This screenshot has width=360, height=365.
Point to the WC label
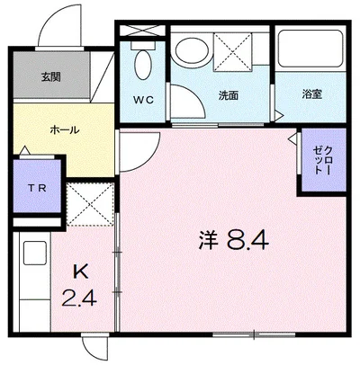144,99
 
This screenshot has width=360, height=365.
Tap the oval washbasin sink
190,50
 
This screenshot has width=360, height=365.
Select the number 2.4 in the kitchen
80,294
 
